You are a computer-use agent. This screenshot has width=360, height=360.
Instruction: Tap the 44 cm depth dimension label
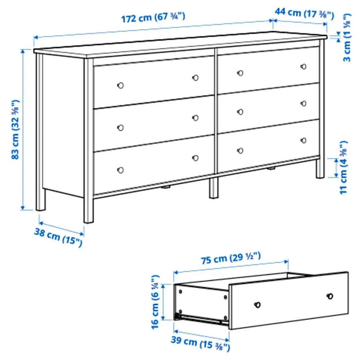point(304,13)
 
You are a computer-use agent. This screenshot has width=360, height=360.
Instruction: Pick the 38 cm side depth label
point(58,238)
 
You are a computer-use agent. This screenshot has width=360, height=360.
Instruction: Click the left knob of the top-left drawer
point(121,85)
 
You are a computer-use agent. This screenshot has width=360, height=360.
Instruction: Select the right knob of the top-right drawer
point(303,66)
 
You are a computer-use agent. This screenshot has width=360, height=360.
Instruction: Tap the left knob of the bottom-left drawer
point(121,170)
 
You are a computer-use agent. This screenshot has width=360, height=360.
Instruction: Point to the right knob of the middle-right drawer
point(303,103)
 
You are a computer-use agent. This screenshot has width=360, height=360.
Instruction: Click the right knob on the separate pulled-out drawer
point(329,296)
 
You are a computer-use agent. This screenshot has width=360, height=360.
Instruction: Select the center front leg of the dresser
point(214,188)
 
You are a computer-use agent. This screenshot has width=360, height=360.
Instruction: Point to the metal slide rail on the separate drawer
point(202,318)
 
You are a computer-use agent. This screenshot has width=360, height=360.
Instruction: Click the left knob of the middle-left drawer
point(121,127)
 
